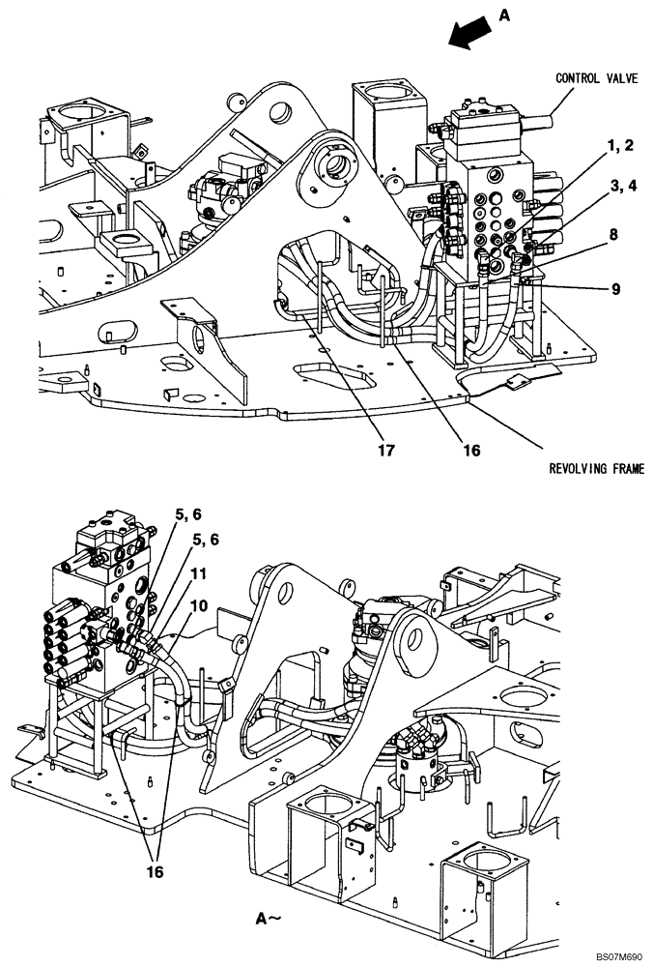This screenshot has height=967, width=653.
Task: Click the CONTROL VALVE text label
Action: [x=596, y=79]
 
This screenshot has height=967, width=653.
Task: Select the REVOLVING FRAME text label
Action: [x=596, y=469]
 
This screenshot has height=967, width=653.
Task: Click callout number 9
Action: [x=614, y=288]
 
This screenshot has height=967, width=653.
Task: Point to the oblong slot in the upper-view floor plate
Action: [x=328, y=371]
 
